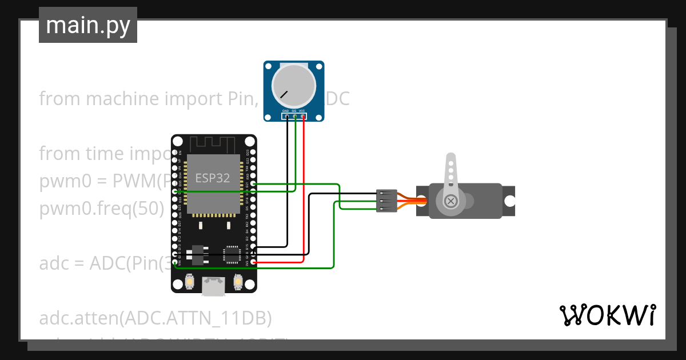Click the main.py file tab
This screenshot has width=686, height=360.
pyautogui.click(x=87, y=25)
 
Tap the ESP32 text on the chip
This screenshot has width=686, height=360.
pyautogui.click(x=213, y=178)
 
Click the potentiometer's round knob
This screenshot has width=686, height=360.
pyautogui.click(x=293, y=86)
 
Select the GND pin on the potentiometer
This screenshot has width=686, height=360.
pyautogui.click(x=287, y=117)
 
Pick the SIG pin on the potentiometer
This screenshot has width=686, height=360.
pyautogui.click(x=295, y=117)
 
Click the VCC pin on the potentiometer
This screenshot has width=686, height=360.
pyautogui.click(x=303, y=117)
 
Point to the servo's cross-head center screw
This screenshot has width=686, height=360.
pyautogui.click(x=451, y=201)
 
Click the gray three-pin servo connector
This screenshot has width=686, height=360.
pyautogui.click(x=386, y=201)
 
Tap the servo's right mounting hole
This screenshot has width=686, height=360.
pyautogui.click(x=509, y=201)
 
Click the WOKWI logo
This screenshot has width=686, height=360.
pyautogui.click(x=607, y=315)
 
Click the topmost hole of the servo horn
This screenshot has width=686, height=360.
pyautogui.click(x=451, y=163)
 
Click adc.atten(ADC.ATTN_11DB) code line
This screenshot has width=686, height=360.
pyautogui.click(x=155, y=317)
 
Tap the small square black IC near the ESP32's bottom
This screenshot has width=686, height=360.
pyautogui.click(x=232, y=254)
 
